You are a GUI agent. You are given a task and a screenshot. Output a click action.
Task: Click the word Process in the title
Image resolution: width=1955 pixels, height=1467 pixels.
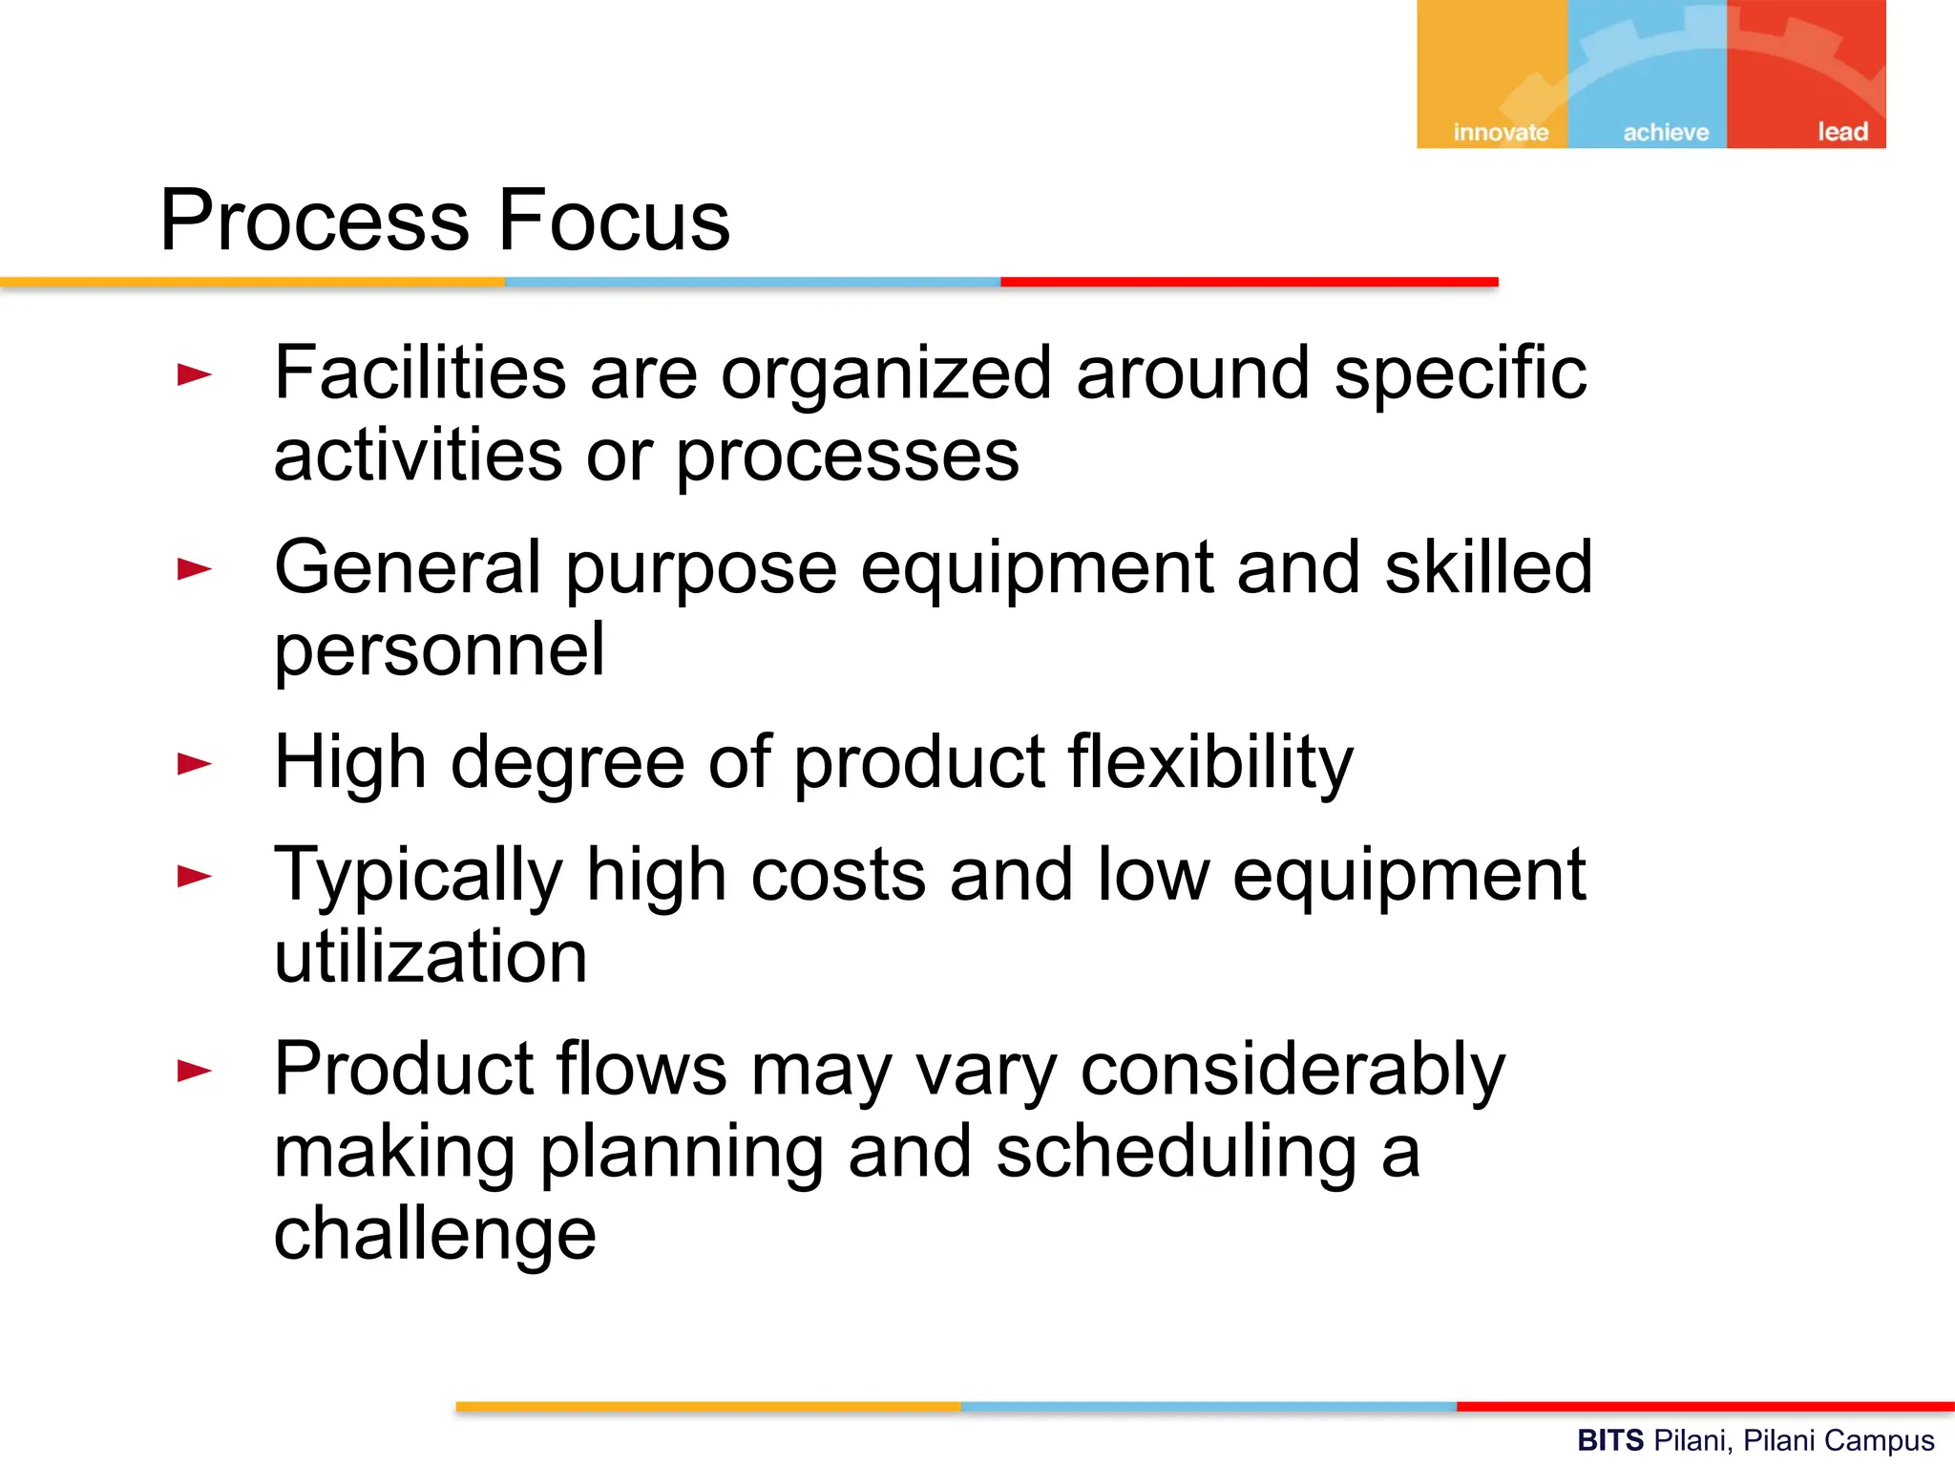314,222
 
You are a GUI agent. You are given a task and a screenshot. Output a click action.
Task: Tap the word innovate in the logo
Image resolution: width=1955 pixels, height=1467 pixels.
1501,132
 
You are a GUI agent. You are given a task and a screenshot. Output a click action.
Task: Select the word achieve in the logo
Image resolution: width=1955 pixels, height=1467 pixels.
1666,132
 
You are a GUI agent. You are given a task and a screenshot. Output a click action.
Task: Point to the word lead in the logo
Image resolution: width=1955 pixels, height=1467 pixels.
1842,131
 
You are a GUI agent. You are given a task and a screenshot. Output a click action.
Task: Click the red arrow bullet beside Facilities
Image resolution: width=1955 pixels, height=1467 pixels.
195,374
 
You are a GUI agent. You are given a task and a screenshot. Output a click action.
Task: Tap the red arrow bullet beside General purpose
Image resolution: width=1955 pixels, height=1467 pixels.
195,569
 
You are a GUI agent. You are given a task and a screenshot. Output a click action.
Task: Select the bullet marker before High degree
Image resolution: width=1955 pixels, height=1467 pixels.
195,763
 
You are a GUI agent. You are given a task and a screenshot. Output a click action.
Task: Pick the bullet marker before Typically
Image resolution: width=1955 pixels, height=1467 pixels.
195,876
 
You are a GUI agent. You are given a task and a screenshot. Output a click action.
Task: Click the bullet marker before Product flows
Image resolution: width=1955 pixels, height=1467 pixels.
195,1071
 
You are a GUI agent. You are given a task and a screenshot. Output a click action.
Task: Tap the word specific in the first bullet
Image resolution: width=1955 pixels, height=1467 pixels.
1461,374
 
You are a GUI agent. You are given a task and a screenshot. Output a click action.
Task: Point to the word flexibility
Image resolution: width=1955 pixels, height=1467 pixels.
1210,763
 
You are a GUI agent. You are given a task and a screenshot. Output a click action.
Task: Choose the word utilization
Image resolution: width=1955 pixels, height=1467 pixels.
431,957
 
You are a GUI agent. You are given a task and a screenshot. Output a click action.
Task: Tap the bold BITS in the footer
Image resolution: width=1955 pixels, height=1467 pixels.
1609,1440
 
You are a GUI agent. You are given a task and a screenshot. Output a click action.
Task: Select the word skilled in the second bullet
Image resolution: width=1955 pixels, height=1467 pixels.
1488,567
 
